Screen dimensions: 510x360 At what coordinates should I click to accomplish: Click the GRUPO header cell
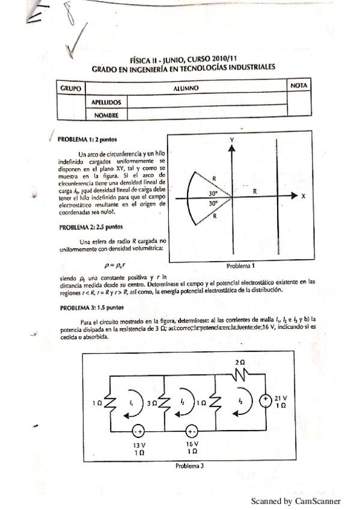(70, 88)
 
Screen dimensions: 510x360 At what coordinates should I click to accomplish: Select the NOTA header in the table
(298, 86)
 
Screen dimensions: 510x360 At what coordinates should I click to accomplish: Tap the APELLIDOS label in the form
(106, 103)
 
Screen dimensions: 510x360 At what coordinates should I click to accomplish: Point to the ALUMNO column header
(186, 88)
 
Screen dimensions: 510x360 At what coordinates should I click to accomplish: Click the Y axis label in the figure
(232, 139)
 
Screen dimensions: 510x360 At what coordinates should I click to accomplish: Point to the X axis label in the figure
(304, 196)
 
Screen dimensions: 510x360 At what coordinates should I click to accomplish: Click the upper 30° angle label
(213, 194)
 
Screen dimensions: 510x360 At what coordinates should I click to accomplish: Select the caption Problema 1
(241, 265)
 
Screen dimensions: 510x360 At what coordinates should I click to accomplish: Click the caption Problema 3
(189, 465)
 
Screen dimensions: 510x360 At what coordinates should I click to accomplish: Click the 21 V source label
(281, 398)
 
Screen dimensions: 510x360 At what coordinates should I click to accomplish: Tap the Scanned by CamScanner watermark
(295, 500)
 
